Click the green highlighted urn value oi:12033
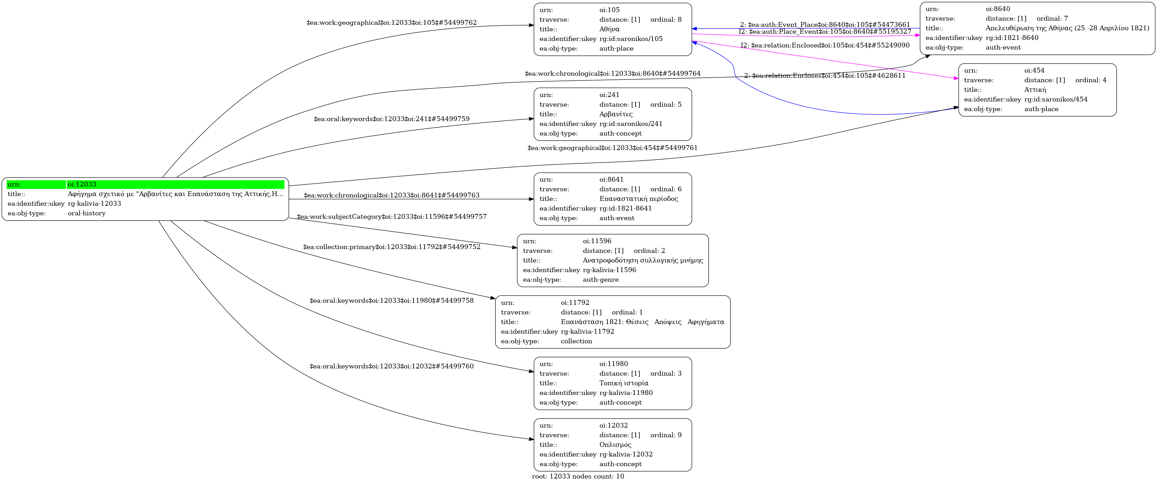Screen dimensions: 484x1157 click(82, 184)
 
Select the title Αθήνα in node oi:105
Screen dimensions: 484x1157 click(609, 29)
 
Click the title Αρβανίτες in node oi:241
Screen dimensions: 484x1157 click(616, 114)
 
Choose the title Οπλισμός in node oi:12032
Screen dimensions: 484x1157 click(615, 444)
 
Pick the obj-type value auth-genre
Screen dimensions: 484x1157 click(601, 279)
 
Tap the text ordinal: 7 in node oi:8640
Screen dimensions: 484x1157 click(1052, 18)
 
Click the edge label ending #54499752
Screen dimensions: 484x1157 click(391, 247)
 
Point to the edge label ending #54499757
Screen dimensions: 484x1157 click(391, 217)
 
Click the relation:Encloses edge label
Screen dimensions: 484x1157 click(825, 76)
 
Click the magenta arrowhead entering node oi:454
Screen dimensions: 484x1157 click(956, 78)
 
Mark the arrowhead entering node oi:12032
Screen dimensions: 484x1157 click(531, 439)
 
